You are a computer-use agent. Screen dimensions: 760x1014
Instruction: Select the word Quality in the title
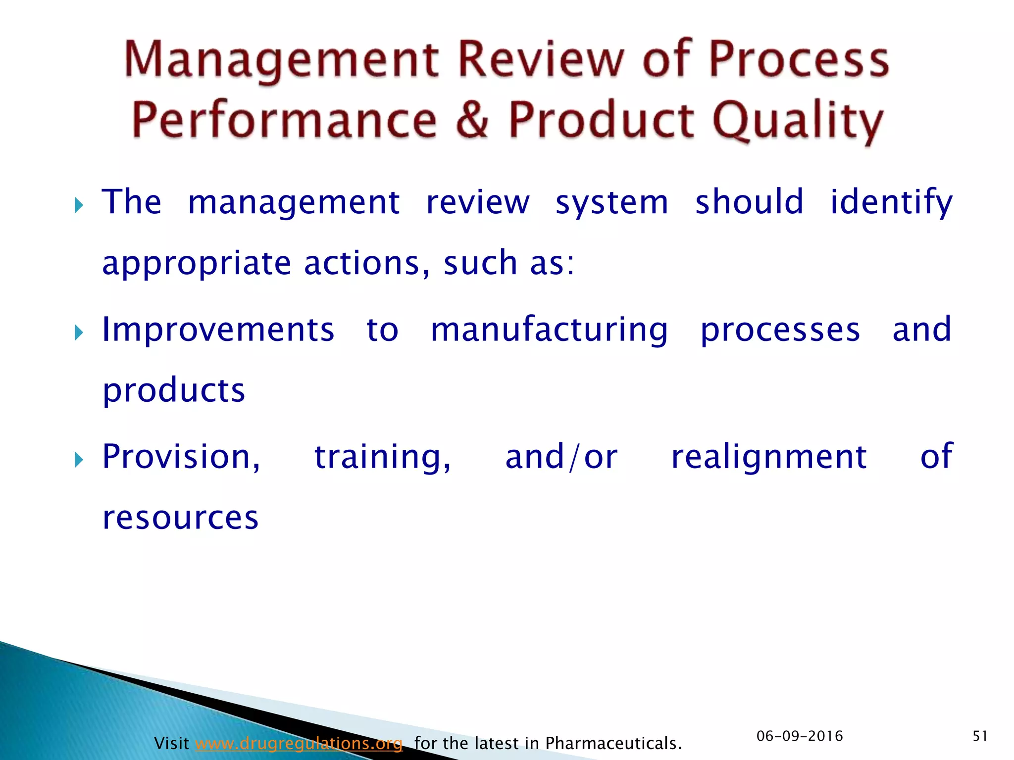(x=797, y=121)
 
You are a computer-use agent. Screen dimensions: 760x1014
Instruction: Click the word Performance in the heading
(x=284, y=120)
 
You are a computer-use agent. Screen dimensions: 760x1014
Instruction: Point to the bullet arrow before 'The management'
(x=79, y=204)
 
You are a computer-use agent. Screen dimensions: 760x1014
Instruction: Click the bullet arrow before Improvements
(x=79, y=332)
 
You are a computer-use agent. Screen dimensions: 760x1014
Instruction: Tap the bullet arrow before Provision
(x=79, y=460)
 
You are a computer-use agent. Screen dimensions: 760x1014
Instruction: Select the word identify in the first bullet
(x=891, y=203)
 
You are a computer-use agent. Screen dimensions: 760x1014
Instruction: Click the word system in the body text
(x=611, y=203)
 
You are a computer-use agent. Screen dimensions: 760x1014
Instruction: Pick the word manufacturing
(x=549, y=331)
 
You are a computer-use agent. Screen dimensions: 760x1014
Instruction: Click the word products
(x=174, y=391)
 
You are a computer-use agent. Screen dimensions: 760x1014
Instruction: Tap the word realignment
(x=768, y=457)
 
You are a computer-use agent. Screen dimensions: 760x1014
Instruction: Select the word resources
(x=180, y=518)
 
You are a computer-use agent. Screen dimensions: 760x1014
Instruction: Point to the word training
(x=382, y=457)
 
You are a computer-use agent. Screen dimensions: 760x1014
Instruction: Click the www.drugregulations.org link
(x=299, y=743)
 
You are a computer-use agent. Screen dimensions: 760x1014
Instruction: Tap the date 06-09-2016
(x=800, y=736)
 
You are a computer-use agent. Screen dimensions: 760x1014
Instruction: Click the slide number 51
(x=980, y=736)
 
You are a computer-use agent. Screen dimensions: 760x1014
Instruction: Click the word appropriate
(x=197, y=263)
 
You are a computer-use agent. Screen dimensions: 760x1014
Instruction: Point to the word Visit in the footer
(x=171, y=743)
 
